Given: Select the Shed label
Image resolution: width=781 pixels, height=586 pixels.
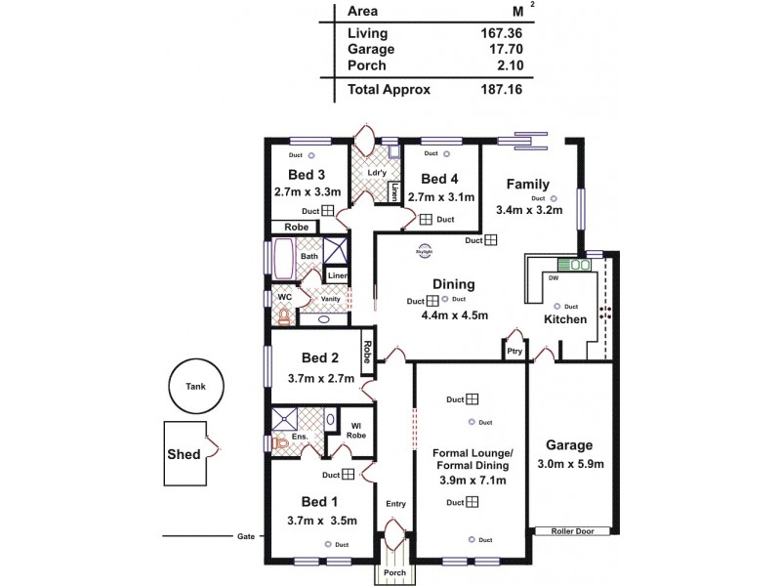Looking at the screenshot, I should pos(184,454).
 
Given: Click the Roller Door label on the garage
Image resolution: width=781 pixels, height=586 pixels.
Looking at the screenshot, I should pos(572,531).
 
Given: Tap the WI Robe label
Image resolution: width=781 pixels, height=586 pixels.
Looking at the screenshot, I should pos(358,431).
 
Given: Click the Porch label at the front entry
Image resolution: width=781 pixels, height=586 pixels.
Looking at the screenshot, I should pos(394,573).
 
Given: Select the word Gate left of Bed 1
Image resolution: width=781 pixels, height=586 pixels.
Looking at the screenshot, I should pos(245,536).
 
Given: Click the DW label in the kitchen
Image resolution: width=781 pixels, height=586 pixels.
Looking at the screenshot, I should pos(554,277).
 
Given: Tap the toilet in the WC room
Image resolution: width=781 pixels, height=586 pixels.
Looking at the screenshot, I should pos(284,315).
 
